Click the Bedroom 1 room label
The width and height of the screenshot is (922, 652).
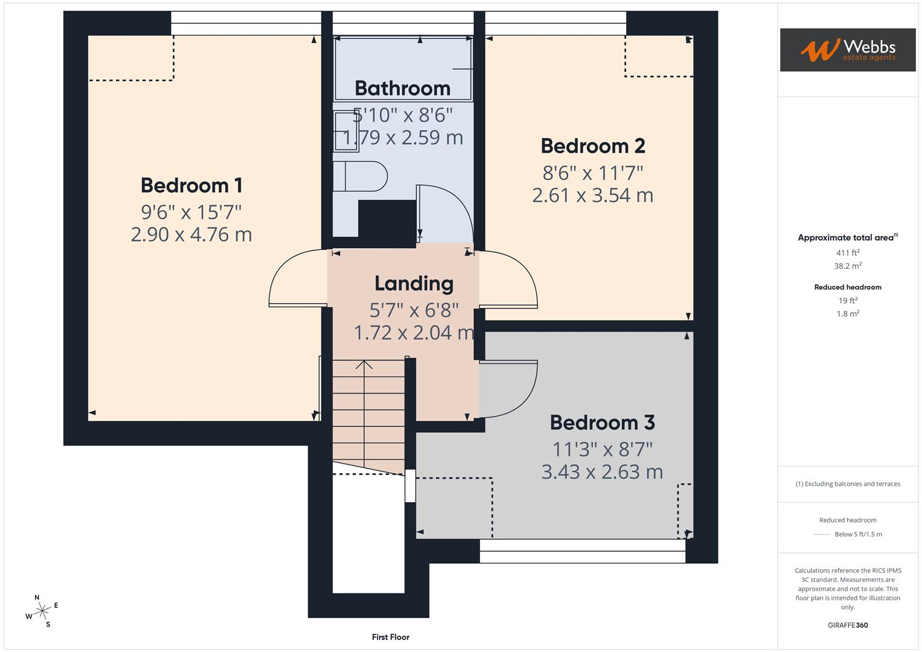tap(191, 185)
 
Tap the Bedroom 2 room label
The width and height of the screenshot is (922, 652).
tap(592, 146)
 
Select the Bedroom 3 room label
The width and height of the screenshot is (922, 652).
tap(602, 423)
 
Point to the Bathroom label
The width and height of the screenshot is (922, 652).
tap(402, 88)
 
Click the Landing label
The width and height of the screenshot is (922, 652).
tap(414, 283)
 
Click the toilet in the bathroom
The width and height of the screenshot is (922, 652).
tap(360, 176)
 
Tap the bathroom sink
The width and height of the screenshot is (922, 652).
tap(345, 130)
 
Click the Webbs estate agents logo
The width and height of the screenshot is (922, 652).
tap(848, 50)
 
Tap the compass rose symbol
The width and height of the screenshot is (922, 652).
tap(42, 611)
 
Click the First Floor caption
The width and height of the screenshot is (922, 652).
tap(391, 637)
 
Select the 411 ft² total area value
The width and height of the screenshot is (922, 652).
tap(848, 253)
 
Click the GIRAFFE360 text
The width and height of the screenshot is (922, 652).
tap(848, 625)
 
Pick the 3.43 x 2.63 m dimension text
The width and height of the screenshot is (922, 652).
tap(602, 472)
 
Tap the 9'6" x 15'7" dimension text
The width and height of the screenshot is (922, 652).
tap(191, 212)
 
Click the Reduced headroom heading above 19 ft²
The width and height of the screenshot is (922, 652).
tap(848, 287)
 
